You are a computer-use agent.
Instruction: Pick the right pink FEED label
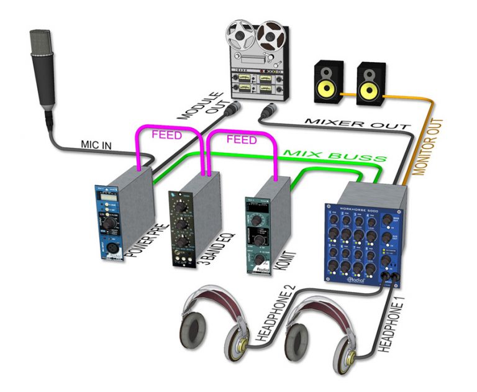click(x=240, y=140)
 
